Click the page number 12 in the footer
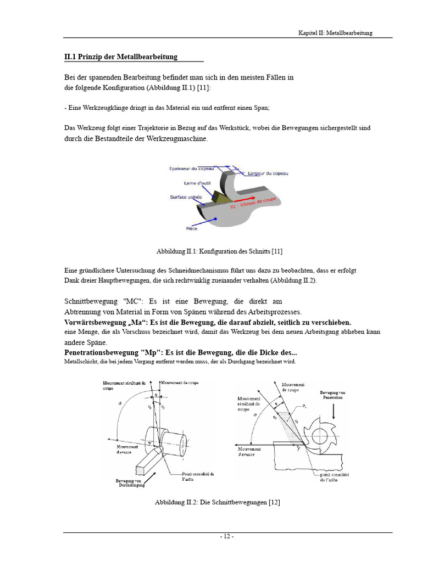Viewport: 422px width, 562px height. point(227,537)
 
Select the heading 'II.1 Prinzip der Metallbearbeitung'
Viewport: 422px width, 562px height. point(121,57)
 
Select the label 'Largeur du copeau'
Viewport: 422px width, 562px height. point(268,173)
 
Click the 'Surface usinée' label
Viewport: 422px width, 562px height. point(185,196)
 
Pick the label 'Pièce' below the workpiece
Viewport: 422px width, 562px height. point(191,228)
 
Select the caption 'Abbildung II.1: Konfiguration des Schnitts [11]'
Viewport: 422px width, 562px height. point(219,251)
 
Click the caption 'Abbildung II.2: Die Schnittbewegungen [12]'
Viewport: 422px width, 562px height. point(218,502)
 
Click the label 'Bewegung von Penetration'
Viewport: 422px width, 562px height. point(333,395)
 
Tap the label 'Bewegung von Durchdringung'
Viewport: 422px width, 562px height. point(132,483)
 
